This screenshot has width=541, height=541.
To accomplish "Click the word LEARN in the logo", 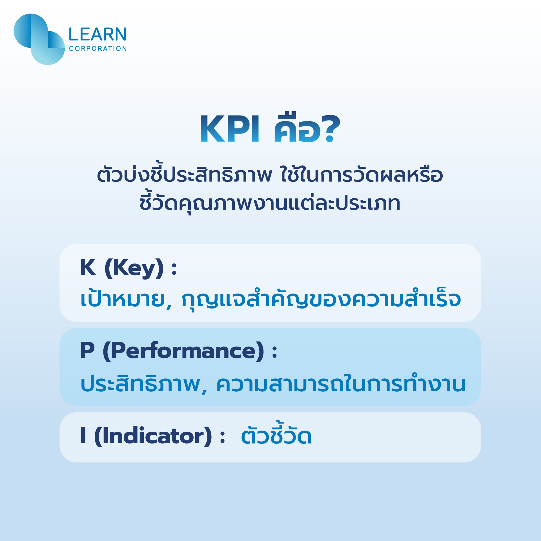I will tap(97, 34).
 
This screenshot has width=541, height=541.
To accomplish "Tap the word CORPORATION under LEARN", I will tap(98, 49).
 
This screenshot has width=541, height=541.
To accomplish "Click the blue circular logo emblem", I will tap(39, 39).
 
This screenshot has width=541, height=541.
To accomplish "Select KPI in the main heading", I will tap(229, 129).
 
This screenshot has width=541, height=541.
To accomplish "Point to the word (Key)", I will tap(134, 268).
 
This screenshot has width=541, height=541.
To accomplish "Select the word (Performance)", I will tap(183, 351).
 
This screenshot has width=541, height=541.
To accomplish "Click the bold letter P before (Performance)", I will tap(87, 351).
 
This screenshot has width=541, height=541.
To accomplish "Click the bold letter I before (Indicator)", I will tap(83, 436).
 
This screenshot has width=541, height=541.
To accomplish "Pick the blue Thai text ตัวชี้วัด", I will tap(276, 435).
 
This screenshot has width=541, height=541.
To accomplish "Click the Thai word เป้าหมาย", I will tap(123, 299).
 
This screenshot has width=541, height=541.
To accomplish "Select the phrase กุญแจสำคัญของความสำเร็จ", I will tap(321, 299).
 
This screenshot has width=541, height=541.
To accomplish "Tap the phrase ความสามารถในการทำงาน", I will tap(341, 384).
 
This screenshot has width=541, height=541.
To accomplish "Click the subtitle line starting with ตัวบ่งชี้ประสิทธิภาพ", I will tap(270, 175).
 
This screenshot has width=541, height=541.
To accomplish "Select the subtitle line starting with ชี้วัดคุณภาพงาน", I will tap(270, 203).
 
